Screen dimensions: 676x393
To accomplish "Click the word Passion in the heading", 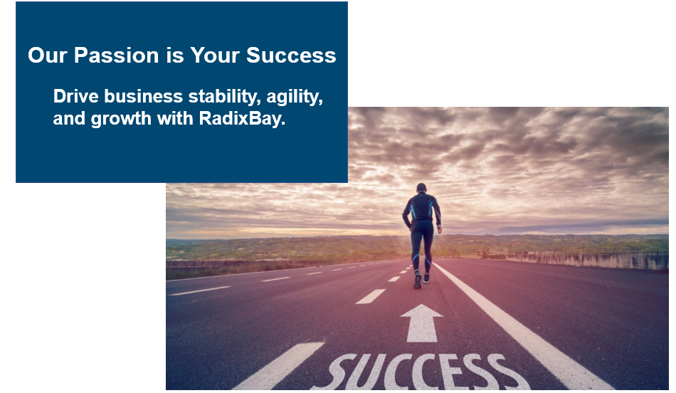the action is (117, 56).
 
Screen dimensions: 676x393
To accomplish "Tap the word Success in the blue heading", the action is (291, 56).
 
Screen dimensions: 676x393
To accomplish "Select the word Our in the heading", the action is (48, 56).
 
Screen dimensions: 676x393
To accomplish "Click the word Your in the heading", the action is (215, 56).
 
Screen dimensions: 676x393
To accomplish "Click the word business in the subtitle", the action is (144, 96).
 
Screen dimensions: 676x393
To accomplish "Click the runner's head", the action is (421, 188).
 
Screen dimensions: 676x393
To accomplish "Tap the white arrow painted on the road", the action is (421, 323).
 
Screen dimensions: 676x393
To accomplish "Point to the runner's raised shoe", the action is (417, 281).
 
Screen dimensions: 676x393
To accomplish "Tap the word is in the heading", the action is (174, 56).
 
